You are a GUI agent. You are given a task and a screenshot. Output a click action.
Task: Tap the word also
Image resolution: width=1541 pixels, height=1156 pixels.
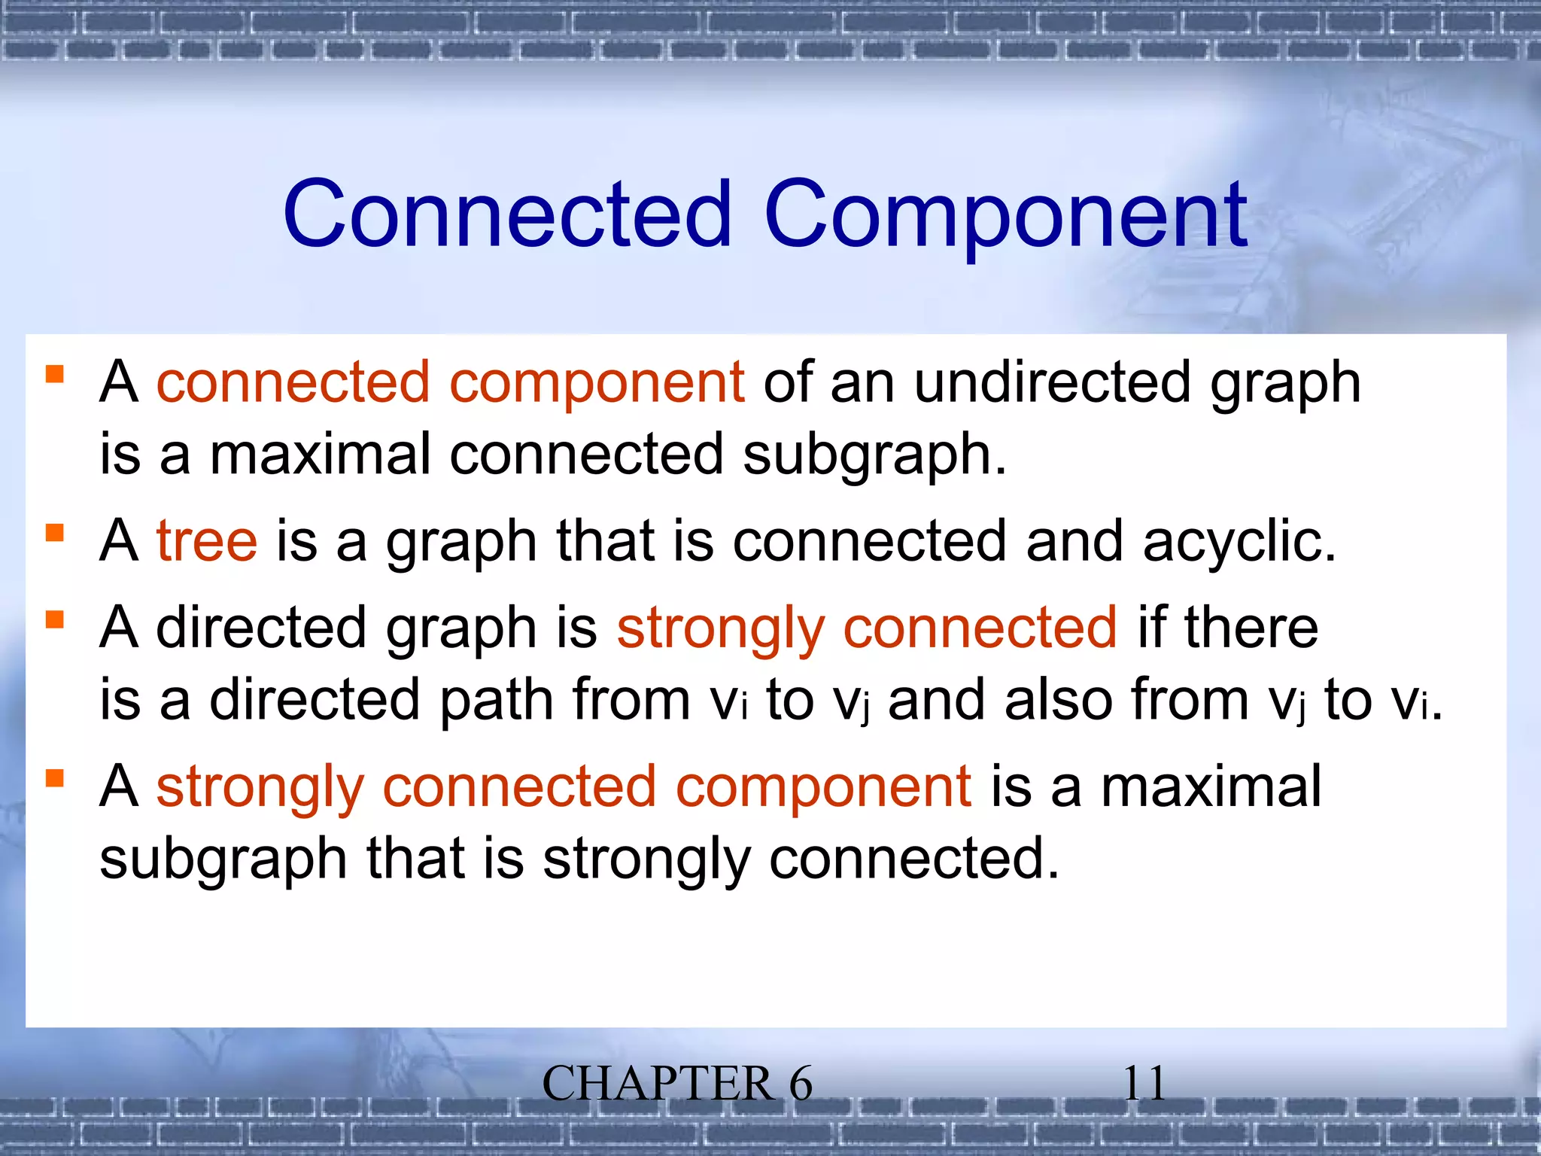(x=1058, y=699)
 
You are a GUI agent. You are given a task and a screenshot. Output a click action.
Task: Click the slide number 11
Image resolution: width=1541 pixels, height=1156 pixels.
(x=1144, y=1085)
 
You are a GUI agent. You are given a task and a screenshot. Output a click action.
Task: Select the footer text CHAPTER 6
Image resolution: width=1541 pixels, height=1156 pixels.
(x=677, y=1085)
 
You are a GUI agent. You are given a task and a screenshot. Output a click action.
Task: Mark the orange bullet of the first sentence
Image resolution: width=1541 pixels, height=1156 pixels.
(x=54, y=374)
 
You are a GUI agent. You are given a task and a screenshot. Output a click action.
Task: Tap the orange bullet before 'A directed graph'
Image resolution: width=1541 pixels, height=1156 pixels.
(x=54, y=620)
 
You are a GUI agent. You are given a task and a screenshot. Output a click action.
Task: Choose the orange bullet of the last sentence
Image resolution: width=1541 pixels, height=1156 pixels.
(x=54, y=777)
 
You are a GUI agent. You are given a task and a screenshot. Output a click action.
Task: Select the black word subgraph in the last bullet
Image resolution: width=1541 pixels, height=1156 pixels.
(x=223, y=860)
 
